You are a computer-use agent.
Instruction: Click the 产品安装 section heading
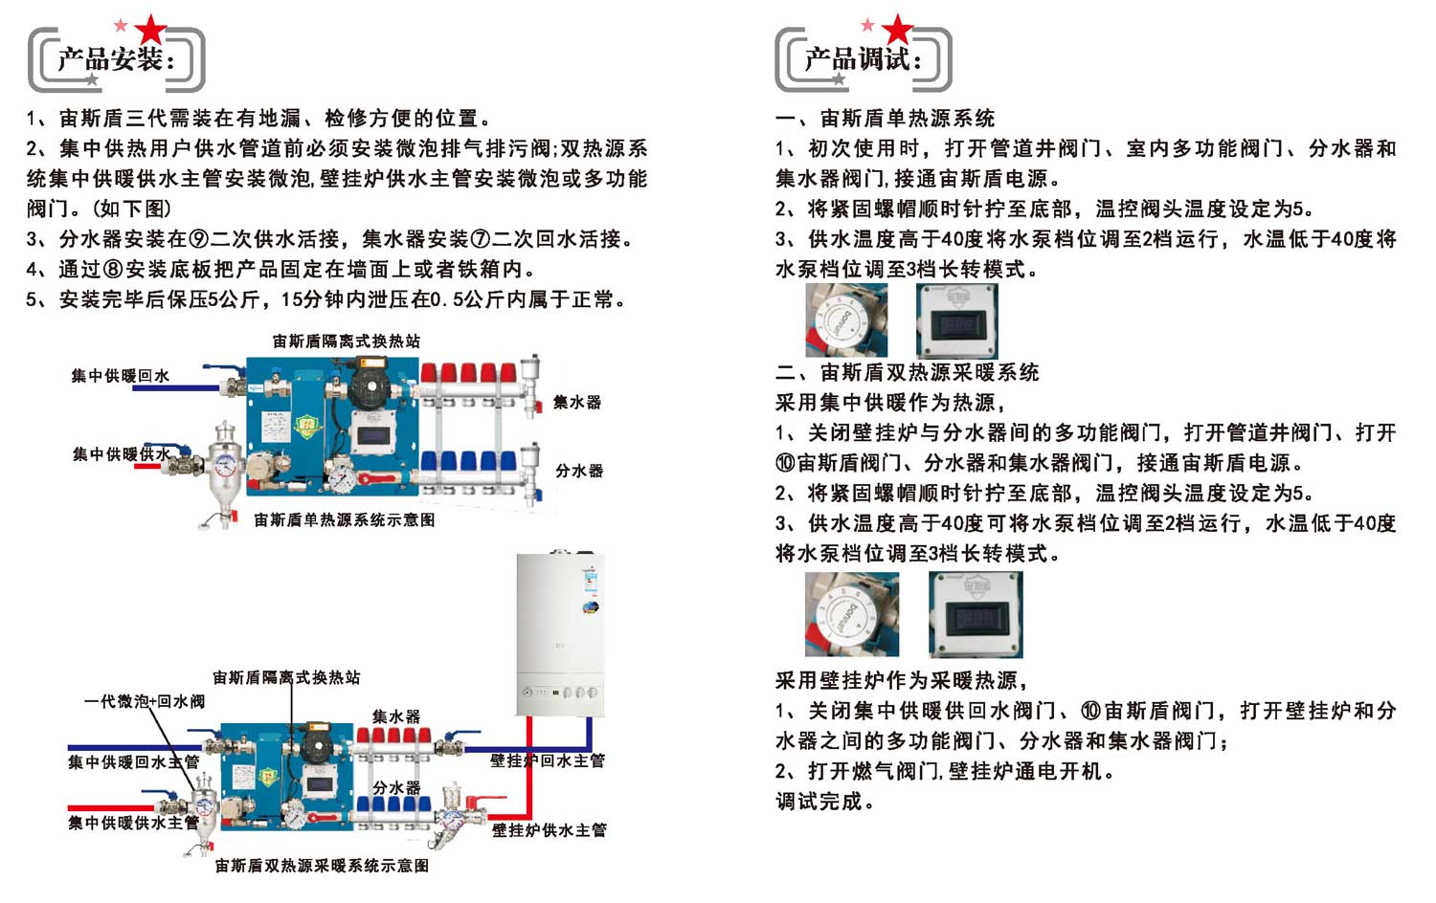(x=116, y=60)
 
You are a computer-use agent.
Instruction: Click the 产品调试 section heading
(x=863, y=60)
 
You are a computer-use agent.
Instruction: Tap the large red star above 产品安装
(x=150, y=30)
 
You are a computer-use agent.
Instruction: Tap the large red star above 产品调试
(x=897, y=30)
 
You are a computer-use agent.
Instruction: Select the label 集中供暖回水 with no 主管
(x=121, y=376)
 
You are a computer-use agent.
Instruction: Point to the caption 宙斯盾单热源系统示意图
(x=344, y=519)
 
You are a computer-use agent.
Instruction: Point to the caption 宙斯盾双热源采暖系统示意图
(x=322, y=866)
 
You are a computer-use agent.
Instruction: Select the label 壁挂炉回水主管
(x=548, y=761)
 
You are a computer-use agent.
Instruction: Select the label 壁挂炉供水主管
(x=550, y=830)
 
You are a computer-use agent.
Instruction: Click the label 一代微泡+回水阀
(x=145, y=701)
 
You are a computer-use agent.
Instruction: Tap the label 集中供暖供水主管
(x=133, y=823)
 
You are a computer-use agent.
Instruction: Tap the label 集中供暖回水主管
(x=133, y=762)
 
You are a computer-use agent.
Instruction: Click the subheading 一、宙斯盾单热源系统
(x=885, y=119)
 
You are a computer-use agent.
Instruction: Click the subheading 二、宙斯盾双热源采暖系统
(x=907, y=372)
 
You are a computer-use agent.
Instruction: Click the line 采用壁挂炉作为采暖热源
(x=901, y=680)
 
